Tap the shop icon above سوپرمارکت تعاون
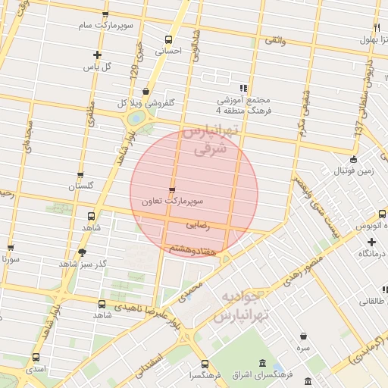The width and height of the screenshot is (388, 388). point(172,190)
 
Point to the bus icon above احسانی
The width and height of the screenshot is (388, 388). point(168,39)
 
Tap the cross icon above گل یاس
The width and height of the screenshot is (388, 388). point(97,54)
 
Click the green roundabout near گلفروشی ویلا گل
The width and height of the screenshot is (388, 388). point(136,119)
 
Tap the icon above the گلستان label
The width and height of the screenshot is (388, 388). point(80,174)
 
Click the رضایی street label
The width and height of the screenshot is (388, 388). point(197,225)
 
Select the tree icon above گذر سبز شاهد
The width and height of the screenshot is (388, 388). point(83,252)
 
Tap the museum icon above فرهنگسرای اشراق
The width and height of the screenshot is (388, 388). point(262,362)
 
